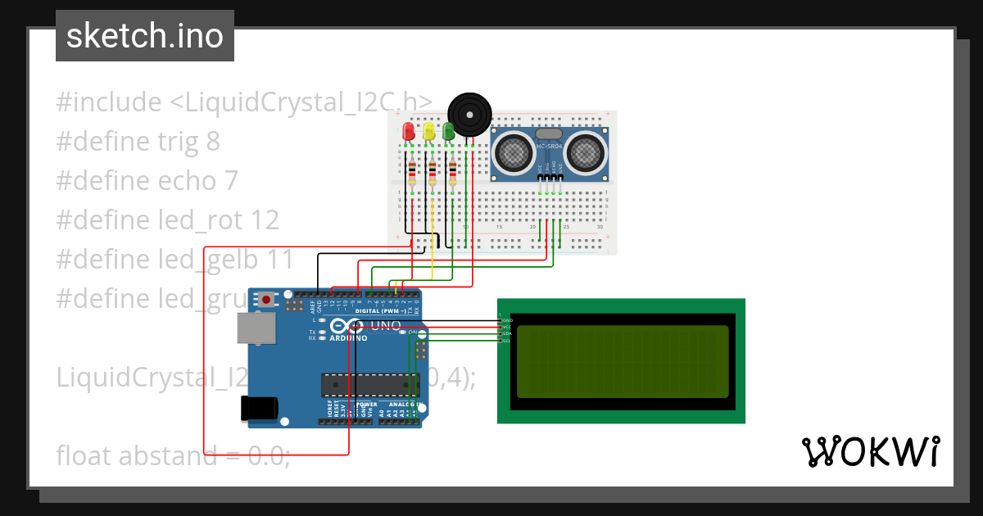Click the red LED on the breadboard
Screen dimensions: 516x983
[x=409, y=131]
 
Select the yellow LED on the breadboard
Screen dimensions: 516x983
[x=428, y=131]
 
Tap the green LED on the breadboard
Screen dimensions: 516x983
[x=448, y=131]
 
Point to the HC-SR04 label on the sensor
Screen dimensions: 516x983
[x=550, y=147]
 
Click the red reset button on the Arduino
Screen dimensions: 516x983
[x=268, y=301]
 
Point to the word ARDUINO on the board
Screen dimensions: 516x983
[x=349, y=337]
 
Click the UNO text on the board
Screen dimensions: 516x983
[x=386, y=326]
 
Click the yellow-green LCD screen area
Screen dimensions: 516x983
[x=623, y=361]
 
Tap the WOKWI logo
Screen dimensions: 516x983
[x=870, y=451]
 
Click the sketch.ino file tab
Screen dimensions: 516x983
[x=145, y=36]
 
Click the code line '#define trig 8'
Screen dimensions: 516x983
[x=138, y=142]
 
